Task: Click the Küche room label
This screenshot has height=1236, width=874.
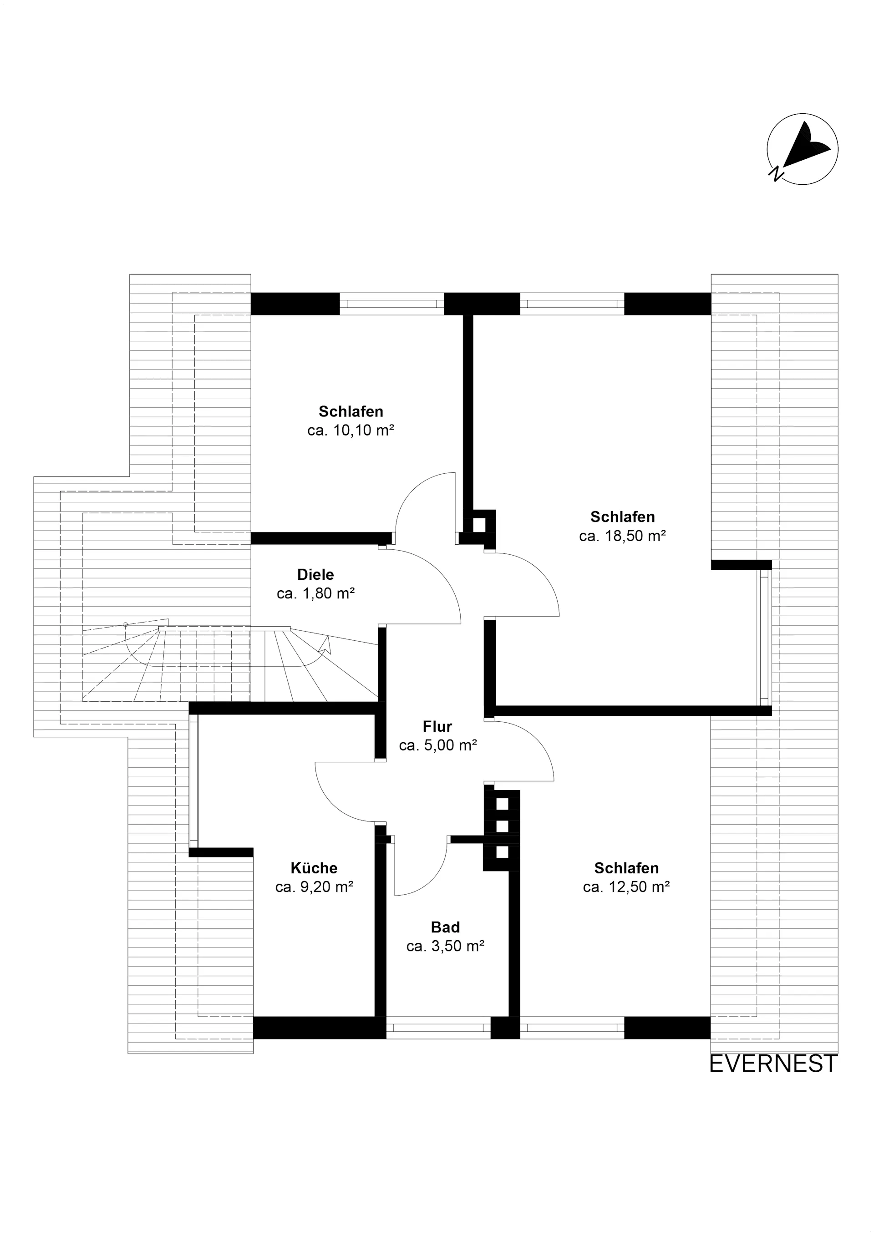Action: pos(314,868)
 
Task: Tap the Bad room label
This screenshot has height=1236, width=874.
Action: pos(445,927)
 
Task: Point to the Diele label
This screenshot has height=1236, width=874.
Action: pos(315,574)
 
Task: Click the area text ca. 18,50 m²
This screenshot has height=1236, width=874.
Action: pos(623,536)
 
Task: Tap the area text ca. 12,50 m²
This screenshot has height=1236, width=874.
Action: pos(626,886)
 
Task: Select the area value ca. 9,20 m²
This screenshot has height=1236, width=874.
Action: pos(314,886)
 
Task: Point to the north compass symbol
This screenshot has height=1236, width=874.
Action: pos(803,149)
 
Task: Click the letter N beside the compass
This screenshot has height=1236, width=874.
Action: pos(776,173)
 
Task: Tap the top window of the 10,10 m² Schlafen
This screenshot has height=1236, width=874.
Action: pos(391,304)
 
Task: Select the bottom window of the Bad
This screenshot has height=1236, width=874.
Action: pos(438,1028)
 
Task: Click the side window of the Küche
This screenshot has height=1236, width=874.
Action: pos(194,780)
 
